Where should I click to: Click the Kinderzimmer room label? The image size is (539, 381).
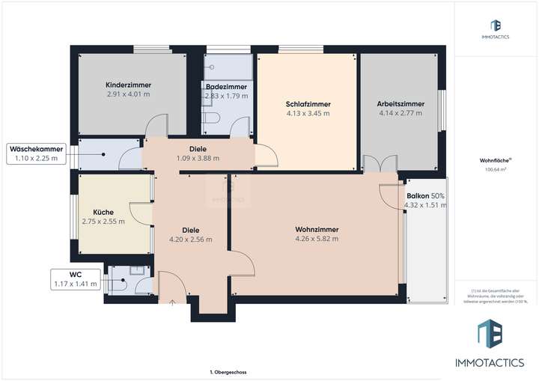coord(128,85)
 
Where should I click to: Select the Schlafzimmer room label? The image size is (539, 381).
coord(308,104)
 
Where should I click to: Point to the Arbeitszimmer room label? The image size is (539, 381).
coord(401,104)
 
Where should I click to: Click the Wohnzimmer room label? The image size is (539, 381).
coord(317,229)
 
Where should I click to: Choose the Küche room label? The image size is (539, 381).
coord(103,212)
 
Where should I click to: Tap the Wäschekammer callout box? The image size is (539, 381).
coord(36,153)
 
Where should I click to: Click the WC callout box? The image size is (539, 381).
coord(76,278)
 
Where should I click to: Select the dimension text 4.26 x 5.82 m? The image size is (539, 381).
coord(317,239)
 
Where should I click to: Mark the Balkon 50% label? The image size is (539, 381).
coord(425,195)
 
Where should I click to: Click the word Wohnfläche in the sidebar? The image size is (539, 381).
coord(490,160)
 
